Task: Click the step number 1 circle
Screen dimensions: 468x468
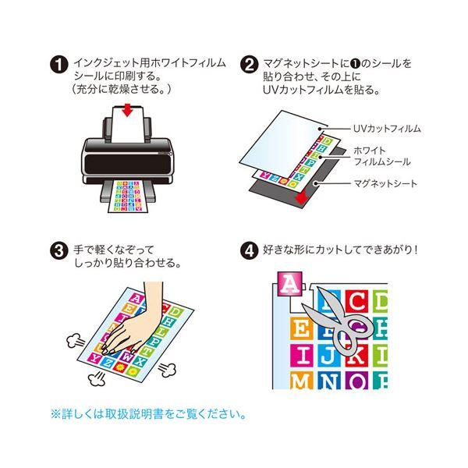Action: tap(59, 65)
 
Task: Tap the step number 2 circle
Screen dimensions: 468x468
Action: tap(250, 65)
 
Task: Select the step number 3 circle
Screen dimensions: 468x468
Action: tap(59, 250)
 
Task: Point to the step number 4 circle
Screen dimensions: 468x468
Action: tap(250, 250)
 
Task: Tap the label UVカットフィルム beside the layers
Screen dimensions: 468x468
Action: tap(387, 129)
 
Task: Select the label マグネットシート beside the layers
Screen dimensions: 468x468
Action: tap(385, 183)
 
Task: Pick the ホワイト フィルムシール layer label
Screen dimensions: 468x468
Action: tap(381, 156)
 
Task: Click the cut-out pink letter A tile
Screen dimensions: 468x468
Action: tap(289, 284)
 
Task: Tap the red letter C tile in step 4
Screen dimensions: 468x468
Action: tap(357, 301)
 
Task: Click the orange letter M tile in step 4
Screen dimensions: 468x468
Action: tap(301, 381)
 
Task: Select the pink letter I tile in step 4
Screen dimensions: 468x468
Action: tap(301, 356)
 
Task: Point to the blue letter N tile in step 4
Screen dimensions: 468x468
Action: tap(329, 381)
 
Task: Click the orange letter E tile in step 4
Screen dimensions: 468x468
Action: tap(301, 328)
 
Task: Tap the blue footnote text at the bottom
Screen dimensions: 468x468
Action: tap(149, 414)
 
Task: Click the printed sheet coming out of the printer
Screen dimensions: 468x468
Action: tap(128, 196)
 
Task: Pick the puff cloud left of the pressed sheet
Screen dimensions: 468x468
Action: tap(75, 341)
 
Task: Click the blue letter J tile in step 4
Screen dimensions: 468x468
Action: tap(329, 356)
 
